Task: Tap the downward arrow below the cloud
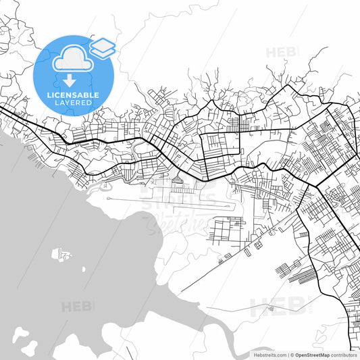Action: [70, 80]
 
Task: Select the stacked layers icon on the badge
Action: [103, 47]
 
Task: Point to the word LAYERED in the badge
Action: [74, 103]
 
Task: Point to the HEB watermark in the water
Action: [78, 307]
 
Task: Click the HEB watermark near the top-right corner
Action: [283, 52]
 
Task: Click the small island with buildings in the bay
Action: [61, 255]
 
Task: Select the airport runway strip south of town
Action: [169, 201]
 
